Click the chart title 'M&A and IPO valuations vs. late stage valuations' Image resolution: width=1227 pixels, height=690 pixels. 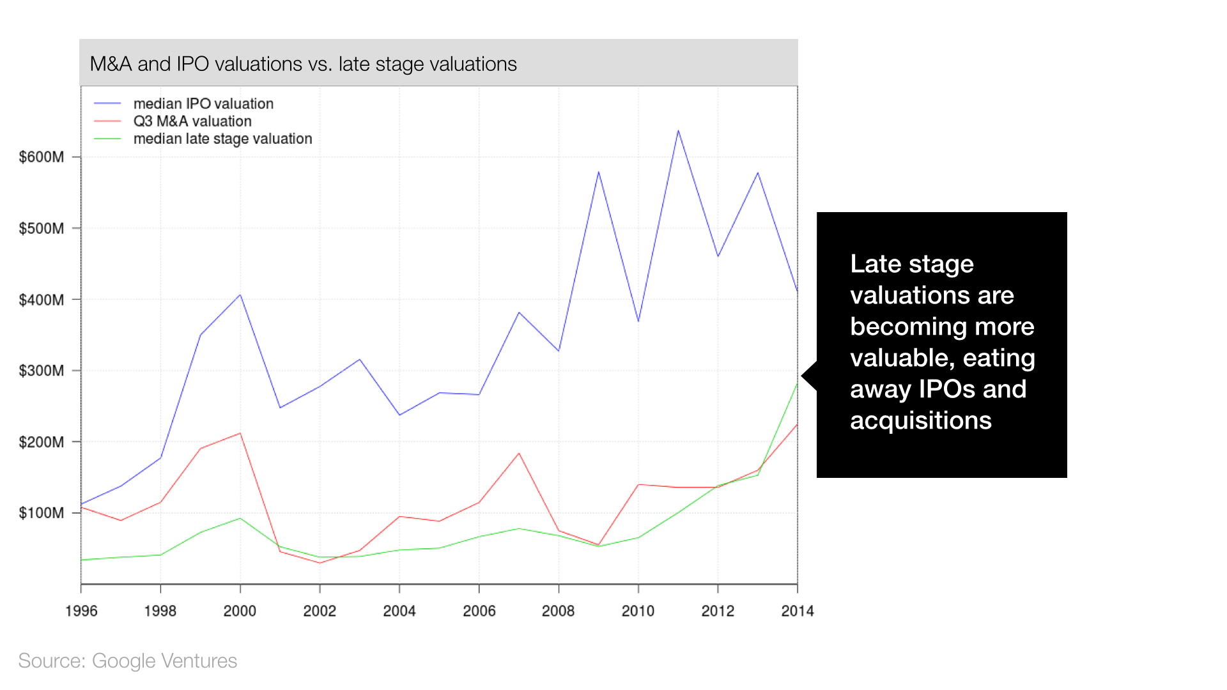(303, 64)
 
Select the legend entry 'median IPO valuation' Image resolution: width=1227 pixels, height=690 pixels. (203, 103)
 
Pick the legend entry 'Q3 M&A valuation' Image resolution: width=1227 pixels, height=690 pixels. (192, 121)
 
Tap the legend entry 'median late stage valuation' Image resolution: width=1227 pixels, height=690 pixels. (222, 139)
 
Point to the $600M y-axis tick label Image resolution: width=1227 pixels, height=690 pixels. (42, 157)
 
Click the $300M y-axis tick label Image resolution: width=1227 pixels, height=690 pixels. (42, 371)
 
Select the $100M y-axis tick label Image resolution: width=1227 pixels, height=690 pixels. (42, 513)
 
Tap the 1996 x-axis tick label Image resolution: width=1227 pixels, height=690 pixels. (81, 611)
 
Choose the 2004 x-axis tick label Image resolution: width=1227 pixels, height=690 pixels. (399, 611)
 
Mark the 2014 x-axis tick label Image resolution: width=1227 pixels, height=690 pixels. (797, 611)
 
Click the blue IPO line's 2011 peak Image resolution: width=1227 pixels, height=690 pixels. (678, 131)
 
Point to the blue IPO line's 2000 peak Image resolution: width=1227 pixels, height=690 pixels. (240, 295)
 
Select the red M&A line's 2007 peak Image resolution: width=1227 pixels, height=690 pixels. (519, 453)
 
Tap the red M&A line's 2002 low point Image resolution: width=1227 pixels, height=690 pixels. (320, 563)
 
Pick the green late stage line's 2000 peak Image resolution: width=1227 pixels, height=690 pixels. (240, 518)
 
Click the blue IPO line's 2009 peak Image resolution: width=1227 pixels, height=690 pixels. (599, 172)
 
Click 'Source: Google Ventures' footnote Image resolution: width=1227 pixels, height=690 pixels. (127, 661)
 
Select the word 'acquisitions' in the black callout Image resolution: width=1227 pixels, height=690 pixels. (920, 420)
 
